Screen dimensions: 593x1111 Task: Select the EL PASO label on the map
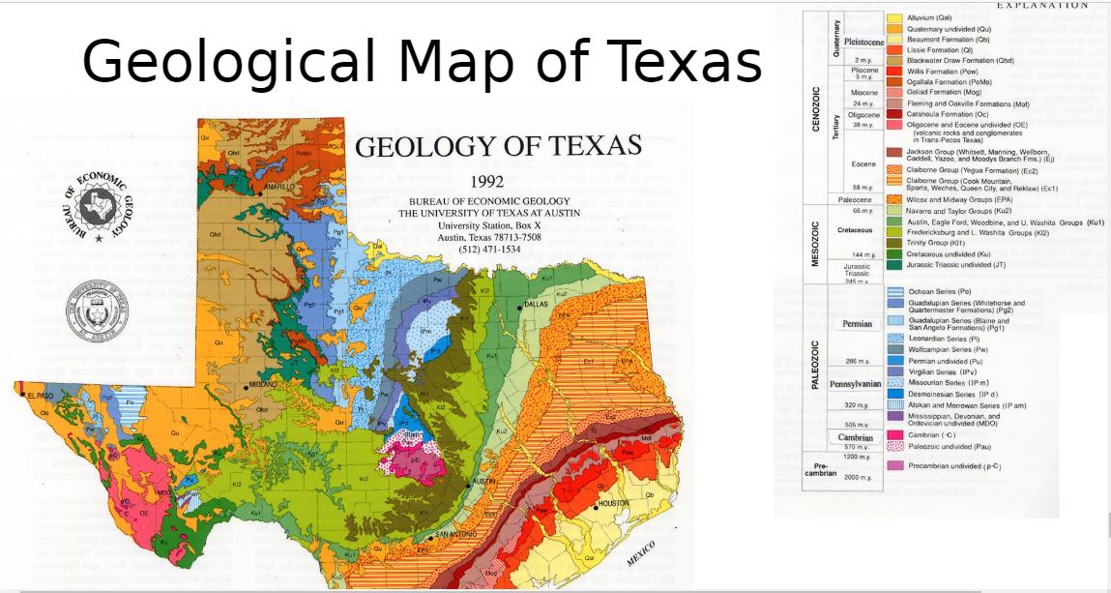[42, 396]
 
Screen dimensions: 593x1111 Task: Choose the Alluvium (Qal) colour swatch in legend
[894, 18]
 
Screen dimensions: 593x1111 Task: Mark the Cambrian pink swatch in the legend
[894, 435]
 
